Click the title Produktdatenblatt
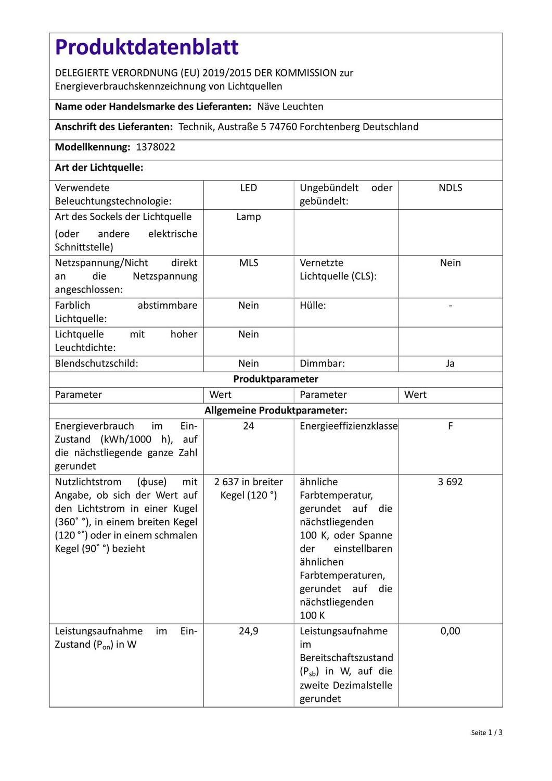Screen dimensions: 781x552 [x=147, y=47]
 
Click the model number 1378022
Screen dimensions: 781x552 [x=156, y=147]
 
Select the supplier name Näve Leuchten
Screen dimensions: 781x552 [x=290, y=107]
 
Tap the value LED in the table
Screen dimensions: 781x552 [x=248, y=188]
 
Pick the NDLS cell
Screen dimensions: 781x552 [x=450, y=188]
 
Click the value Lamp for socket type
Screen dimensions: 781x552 [x=248, y=217]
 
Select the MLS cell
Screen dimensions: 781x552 [x=248, y=263]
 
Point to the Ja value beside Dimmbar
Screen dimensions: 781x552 [x=450, y=364]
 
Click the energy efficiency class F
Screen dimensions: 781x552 [x=450, y=426]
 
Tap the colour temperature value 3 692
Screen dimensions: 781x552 [x=450, y=482]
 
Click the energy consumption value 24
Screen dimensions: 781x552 [x=248, y=426]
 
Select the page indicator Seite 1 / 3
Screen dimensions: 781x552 [x=486, y=733]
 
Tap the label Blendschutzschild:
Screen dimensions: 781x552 [x=96, y=364]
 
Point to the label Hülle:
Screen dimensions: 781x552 [x=313, y=306]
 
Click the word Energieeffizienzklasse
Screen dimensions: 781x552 [x=349, y=426]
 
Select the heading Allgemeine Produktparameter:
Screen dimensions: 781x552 [x=275, y=411]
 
